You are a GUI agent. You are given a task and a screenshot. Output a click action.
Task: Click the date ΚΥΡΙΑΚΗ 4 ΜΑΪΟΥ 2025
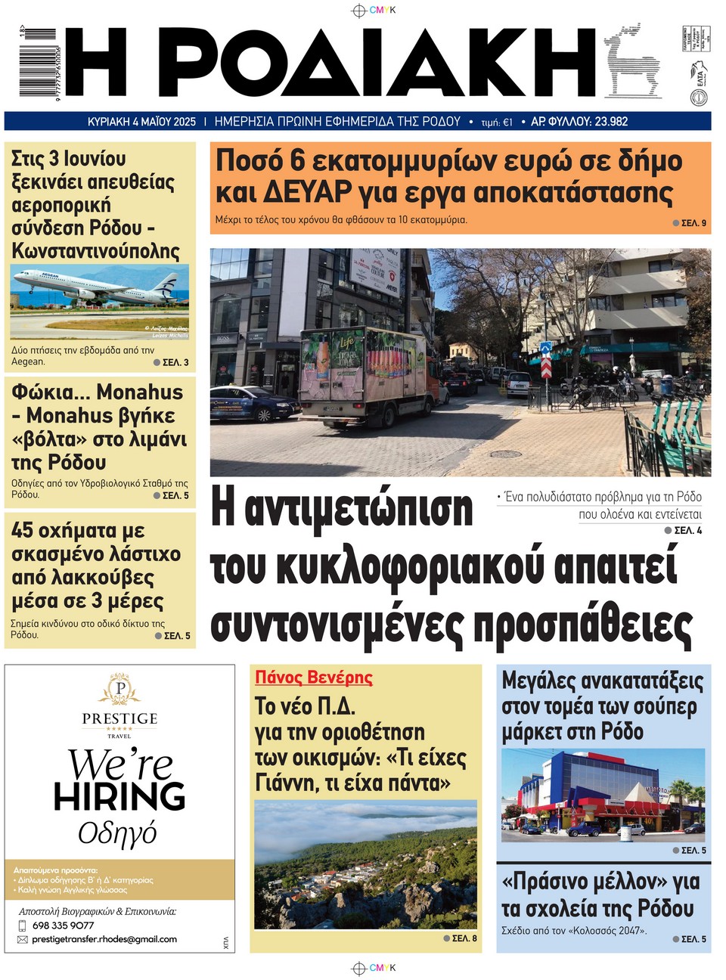tap(141, 122)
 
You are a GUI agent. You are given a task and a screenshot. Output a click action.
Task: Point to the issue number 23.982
tap(611, 122)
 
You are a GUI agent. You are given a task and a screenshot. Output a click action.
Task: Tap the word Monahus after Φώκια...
tap(140, 392)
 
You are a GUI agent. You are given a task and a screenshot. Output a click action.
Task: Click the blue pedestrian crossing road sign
tap(546, 349)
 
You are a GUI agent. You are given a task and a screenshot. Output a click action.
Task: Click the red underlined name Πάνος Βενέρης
tap(314, 678)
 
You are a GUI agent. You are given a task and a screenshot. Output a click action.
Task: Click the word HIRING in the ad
tap(119, 797)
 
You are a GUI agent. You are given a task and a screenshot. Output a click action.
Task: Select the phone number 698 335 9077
tap(64, 925)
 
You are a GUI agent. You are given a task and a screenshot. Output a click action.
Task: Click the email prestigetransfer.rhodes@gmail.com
tap(104, 939)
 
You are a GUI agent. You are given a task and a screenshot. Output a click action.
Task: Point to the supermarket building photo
tap(602, 794)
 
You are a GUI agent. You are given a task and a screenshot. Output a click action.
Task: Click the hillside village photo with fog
tap(365, 866)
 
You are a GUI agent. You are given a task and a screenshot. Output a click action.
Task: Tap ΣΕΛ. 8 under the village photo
tap(464, 938)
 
